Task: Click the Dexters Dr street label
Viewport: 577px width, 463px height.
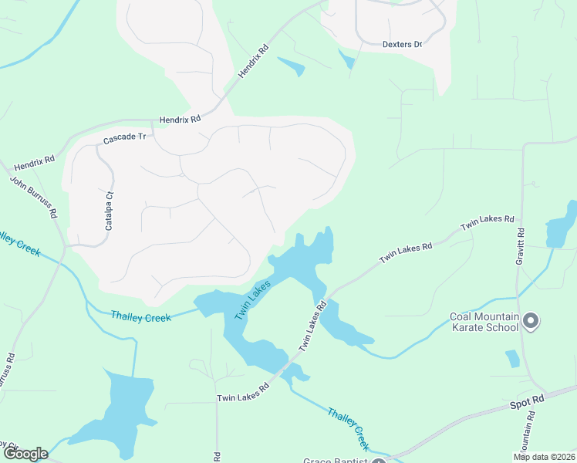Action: (403, 44)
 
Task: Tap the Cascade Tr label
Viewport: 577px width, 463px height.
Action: (124, 137)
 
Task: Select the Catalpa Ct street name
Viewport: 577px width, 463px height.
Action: (109, 211)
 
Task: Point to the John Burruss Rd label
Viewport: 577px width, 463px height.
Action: (32, 198)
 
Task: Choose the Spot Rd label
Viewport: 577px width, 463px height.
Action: (528, 404)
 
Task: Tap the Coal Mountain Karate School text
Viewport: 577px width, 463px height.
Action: (484, 322)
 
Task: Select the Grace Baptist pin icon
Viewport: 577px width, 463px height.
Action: (379, 461)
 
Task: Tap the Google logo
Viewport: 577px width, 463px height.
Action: (25, 454)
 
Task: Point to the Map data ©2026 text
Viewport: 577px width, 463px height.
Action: (545, 456)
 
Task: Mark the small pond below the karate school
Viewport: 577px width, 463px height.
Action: (511, 359)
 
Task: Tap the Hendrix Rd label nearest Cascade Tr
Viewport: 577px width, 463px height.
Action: (180, 120)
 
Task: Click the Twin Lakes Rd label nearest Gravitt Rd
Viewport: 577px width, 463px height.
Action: (488, 224)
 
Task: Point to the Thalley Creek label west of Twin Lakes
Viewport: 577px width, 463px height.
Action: (139, 316)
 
